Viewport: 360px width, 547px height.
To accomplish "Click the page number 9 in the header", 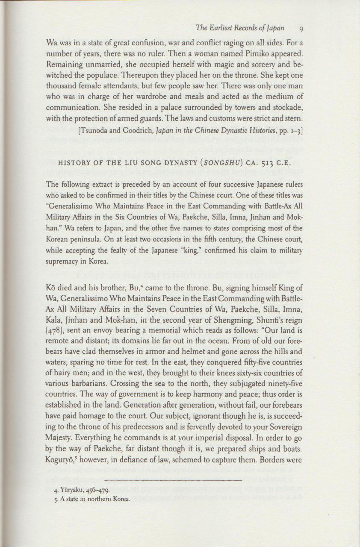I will pos(301,29).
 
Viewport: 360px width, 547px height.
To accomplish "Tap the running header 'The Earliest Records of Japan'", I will pos(240,29).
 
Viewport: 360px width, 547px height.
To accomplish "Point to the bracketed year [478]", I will pos(56,327).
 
